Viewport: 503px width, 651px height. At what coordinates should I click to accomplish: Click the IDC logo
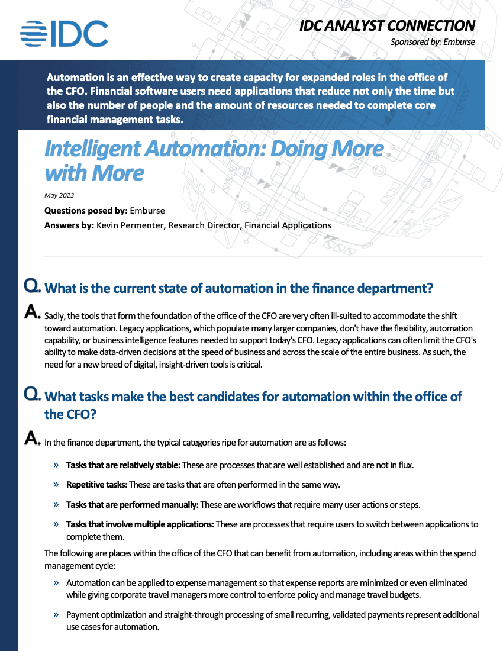(64, 34)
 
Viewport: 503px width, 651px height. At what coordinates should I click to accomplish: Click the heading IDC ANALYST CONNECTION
(387, 25)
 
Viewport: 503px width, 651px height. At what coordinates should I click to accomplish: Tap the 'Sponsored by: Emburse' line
(433, 42)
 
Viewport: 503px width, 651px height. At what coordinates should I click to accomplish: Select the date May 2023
(59, 195)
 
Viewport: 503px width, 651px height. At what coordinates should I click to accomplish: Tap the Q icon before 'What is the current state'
(31, 286)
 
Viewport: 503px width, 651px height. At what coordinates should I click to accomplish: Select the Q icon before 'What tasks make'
(31, 394)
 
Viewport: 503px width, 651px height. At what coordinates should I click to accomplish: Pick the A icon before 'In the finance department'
(32, 439)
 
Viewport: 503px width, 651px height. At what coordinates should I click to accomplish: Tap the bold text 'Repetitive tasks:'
(96, 485)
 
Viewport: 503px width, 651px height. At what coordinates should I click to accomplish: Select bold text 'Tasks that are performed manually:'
(132, 505)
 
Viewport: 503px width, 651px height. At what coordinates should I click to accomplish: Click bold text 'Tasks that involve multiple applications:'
(140, 524)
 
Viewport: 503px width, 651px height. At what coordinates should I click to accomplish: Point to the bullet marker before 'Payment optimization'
(56, 614)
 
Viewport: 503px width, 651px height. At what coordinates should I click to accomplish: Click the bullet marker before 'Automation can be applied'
(56, 582)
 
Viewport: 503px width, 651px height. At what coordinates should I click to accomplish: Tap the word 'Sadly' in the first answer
(55, 317)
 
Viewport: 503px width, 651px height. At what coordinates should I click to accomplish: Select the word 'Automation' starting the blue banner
(76, 78)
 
